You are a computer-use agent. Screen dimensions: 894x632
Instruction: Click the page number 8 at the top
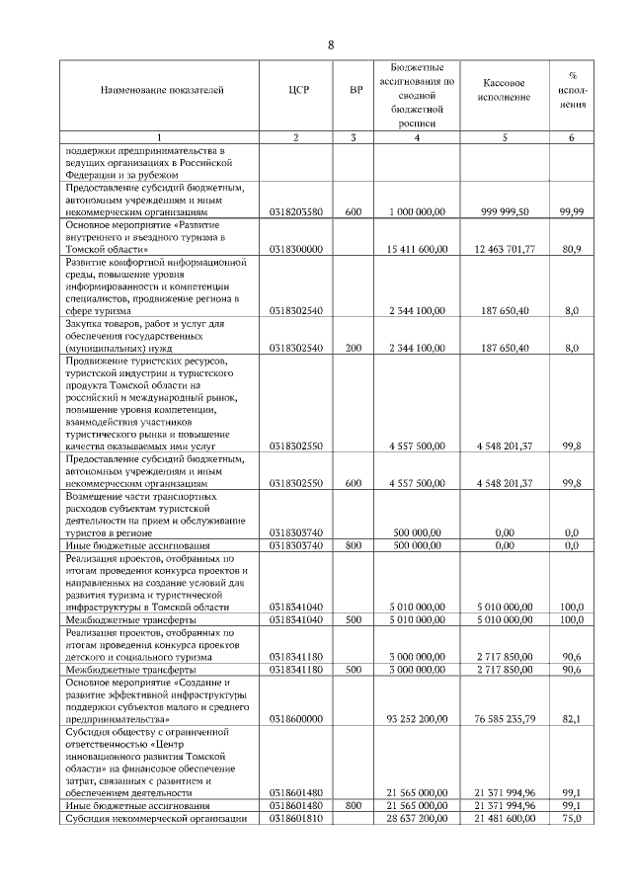pos(331,45)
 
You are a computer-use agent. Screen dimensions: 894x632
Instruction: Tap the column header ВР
pos(355,91)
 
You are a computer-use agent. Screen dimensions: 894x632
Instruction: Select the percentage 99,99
pos(570,211)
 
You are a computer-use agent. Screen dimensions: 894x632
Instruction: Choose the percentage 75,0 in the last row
pos(570,820)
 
